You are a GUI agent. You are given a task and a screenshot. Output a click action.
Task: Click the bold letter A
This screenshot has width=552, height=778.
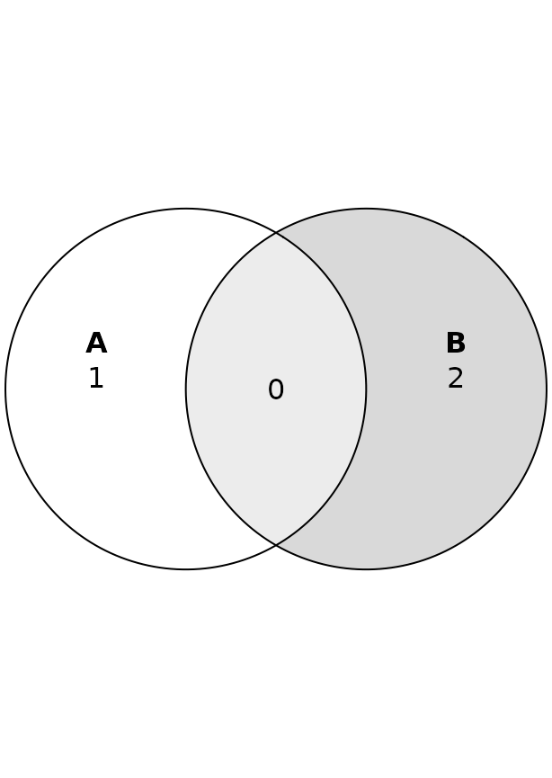(96, 344)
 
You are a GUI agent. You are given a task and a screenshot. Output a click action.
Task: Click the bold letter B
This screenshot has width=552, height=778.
(456, 344)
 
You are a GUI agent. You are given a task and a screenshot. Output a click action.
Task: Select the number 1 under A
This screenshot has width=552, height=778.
(96, 379)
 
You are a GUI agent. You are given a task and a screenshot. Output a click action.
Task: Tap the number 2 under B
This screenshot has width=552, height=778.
(456, 379)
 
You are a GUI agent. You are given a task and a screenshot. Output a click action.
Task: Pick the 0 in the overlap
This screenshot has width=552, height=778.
(276, 390)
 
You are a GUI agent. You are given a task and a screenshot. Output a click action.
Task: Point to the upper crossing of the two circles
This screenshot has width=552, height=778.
(276, 233)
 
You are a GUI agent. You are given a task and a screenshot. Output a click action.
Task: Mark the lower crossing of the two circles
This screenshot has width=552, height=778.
(276, 545)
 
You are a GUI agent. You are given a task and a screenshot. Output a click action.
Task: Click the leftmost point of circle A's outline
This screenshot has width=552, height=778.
(5, 389)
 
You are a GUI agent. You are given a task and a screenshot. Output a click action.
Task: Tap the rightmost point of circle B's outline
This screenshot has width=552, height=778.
(547, 389)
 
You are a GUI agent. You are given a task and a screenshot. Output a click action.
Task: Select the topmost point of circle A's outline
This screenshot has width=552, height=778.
(186, 209)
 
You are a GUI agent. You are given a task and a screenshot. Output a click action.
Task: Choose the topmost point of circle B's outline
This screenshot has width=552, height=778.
(366, 209)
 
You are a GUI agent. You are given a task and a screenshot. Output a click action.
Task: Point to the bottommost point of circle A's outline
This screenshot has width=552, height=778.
(186, 569)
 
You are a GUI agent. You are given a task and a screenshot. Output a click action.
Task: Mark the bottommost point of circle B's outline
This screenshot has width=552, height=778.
(366, 569)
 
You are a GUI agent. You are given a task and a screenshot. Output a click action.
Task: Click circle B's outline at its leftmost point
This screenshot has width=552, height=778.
(186, 389)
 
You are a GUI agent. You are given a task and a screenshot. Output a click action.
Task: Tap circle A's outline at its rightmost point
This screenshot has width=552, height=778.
(366, 389)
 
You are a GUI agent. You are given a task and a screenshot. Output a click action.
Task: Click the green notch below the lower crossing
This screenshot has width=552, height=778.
(276, 560)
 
